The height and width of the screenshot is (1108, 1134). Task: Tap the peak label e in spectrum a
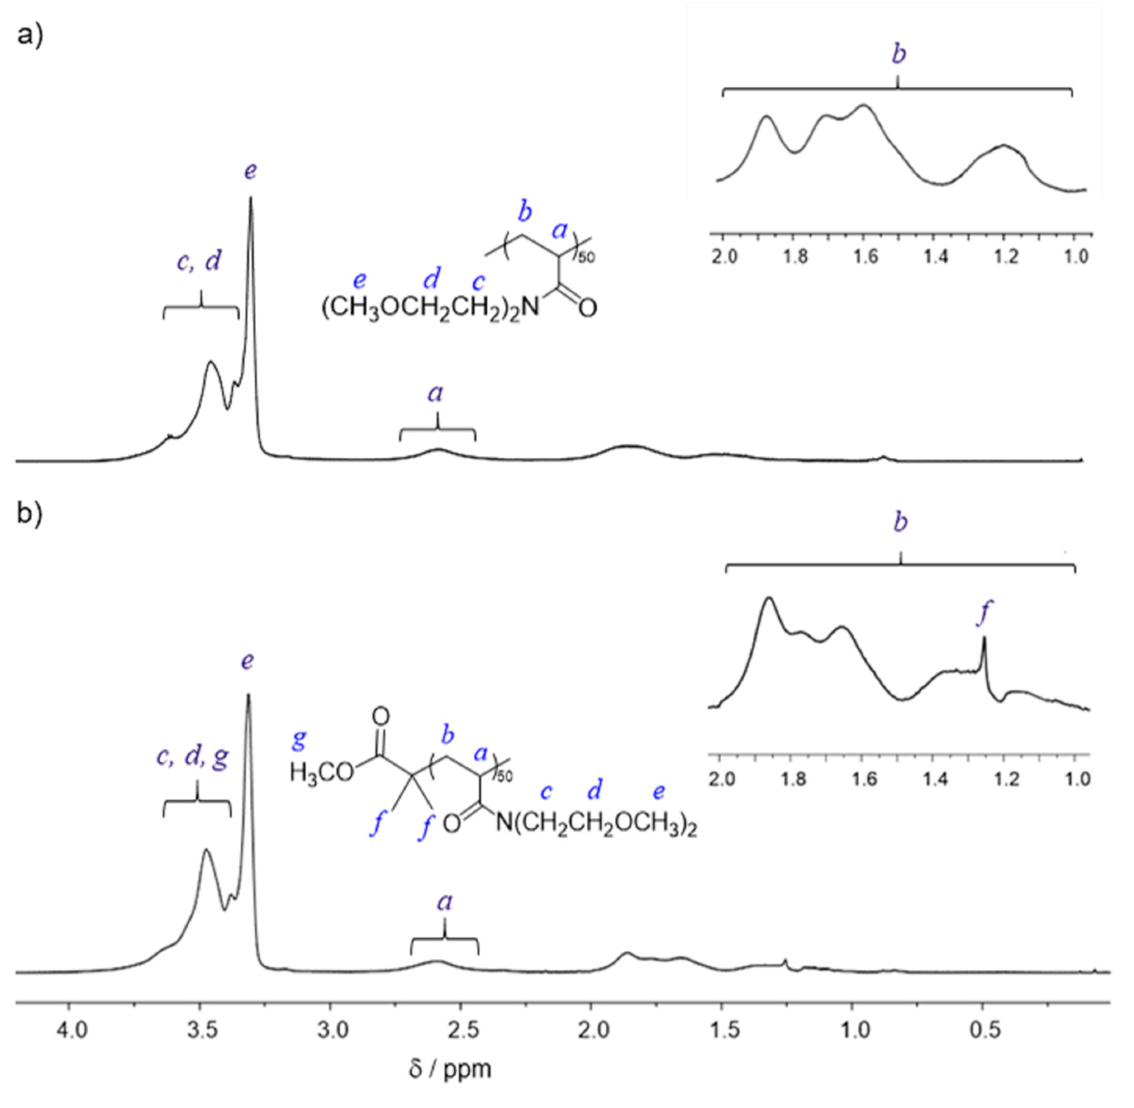250,171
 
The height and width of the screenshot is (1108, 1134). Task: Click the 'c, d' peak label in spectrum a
199,261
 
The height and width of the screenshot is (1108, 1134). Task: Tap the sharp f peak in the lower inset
984,639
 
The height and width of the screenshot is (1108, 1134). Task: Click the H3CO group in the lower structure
321,772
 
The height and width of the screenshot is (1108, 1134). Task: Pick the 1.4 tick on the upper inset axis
936,256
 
